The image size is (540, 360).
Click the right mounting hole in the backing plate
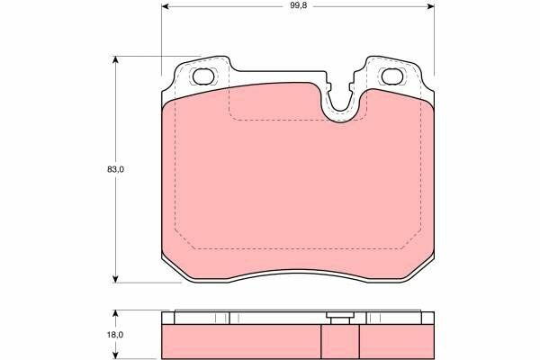[x=392, y=76]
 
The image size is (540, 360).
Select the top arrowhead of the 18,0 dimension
[x=116, y=314]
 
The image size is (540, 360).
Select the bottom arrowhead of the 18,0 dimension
[x=116, y=354]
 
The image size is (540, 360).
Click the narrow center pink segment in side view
[x=340, y=339]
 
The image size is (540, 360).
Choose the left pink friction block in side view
[x=241, y=339]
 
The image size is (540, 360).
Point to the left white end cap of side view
[x=168, y=317]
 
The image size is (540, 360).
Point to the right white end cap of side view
[x=427, y=317]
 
